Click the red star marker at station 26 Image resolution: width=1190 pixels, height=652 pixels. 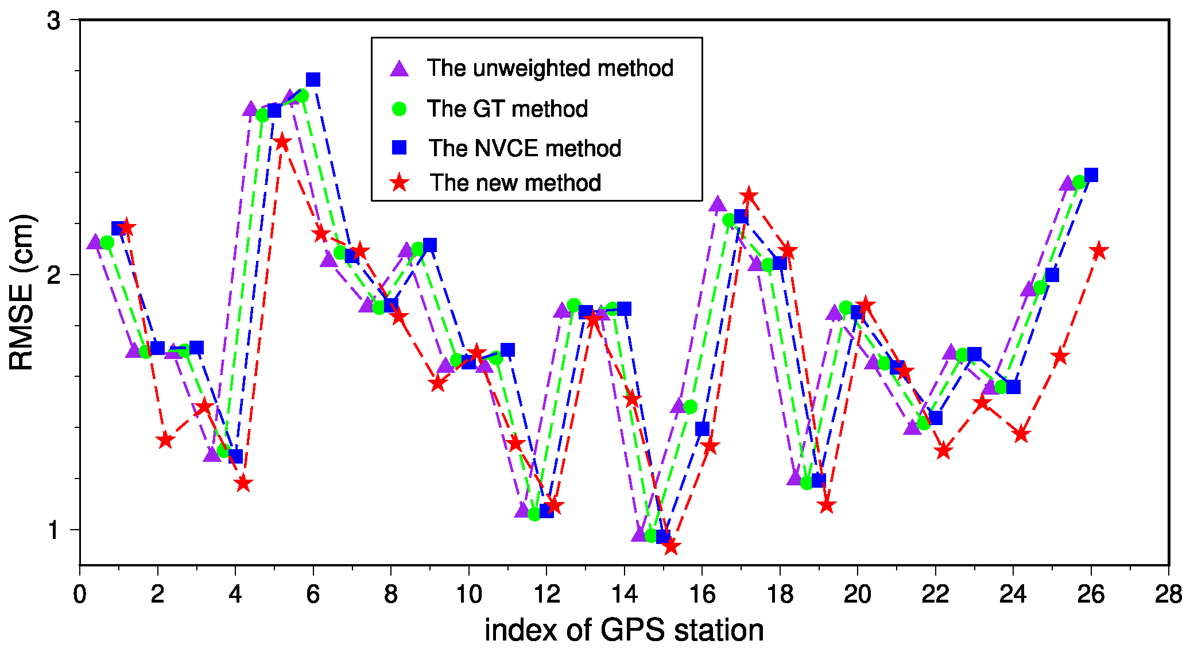pyautogui.click(x=1099, y=251)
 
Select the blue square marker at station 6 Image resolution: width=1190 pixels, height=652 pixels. pyautogui.click(x=313, y=79)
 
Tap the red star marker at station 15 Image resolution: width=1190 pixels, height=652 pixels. pyautogui.click(x=671, y=546)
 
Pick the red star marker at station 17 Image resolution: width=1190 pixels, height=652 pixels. pyautogui.click(x=749, y=196)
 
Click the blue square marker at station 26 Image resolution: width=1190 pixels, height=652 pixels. pyautogui.click(x=1091, y=175)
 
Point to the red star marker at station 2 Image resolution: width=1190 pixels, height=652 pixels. pyautogui.click(x=165, y=440)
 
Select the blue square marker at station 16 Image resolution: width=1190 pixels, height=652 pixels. pyautogui.click(x=702, y=429)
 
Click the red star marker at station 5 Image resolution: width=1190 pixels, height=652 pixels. pyautogui.click(x=282, y=142)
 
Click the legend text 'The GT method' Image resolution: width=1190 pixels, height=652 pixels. pyautogui.click(x=507, y=109)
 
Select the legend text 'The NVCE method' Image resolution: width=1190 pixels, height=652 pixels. pyautogui.click(x=525, y=148)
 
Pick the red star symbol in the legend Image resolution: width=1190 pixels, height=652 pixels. pyautogui.click(x=399, y=183)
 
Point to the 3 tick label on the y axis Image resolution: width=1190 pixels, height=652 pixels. pyautogui.click(x=53, y=21)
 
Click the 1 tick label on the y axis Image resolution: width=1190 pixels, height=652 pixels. pyautogui.click(x=53, y=530)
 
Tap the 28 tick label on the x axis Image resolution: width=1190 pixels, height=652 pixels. pyautogui.click(x=1168, y=595)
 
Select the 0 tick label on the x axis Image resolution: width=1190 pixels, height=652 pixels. pyautogui.click(x=80, y=595)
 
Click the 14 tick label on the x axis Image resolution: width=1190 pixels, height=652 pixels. pyautogui.click(x=624, y=595)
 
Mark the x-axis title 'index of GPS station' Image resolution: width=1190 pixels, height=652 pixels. pyautogui.click(x=624, y=630)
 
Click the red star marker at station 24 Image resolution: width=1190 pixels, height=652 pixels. pyautogui.click(x=1021, y=434)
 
